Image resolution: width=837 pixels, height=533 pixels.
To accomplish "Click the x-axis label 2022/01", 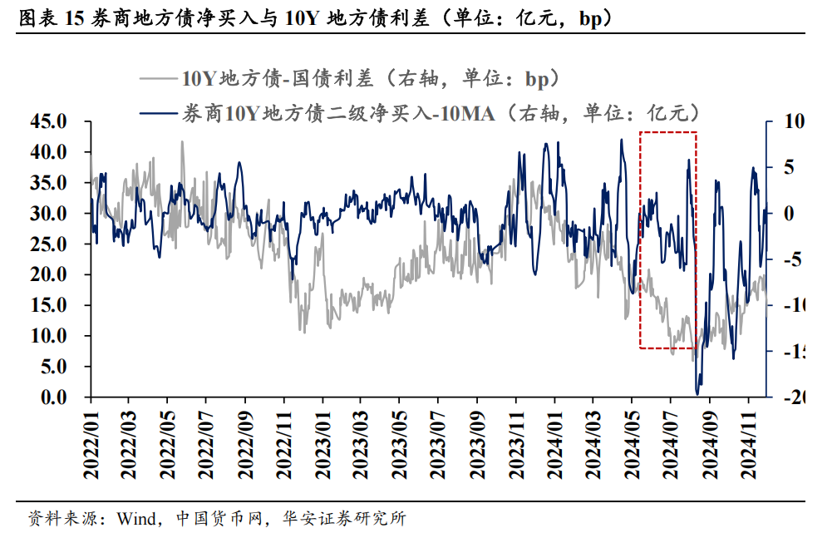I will (91, 442).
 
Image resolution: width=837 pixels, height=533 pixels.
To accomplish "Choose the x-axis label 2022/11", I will (283, 442).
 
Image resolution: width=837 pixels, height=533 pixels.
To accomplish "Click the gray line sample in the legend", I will (159, 80).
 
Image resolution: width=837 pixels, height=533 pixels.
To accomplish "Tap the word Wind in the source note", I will (135, 519).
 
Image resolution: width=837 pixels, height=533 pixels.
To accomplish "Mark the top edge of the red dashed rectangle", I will (667, 131).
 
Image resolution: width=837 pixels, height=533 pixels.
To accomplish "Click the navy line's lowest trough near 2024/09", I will (697, 392).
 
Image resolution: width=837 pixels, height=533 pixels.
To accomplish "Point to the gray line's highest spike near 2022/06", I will (182, 142).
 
